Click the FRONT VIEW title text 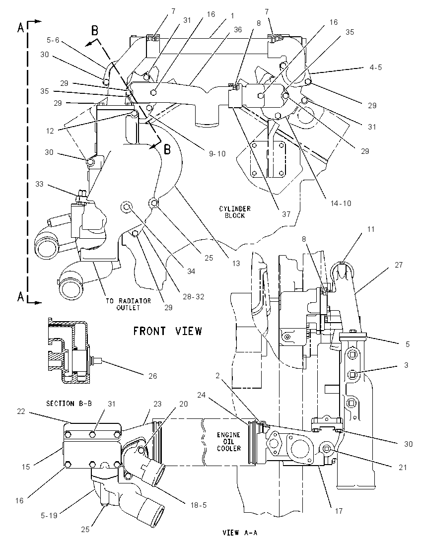pos(168,331)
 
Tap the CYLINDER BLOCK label pos(235,212)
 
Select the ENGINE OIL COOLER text pos(229,442)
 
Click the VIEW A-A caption pos(240,532)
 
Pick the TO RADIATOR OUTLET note pos(129,304)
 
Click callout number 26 pos(153,376)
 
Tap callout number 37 pos(286,214)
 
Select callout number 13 pos(236,264)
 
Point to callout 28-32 pos(194,297)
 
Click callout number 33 pos(40,184)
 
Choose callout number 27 pos(399,265)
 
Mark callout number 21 pos(403,468)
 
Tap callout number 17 pos(339,511)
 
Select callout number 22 pos(21,411)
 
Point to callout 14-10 pos(341,204)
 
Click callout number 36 pos(237,30)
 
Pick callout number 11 pos(371,229)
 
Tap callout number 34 pos(191,272)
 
